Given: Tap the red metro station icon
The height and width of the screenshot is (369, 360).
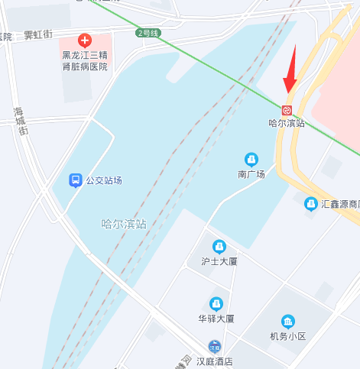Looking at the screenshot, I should (287, 110).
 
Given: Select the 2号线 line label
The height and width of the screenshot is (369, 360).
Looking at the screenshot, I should (148, 34).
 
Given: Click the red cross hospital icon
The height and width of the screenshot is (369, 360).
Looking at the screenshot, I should (85, 40).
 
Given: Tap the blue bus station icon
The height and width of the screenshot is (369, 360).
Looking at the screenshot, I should (76, 180).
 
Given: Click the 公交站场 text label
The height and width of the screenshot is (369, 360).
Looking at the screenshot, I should (104, 181).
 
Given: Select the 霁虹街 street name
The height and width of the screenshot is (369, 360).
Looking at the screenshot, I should (37, 34).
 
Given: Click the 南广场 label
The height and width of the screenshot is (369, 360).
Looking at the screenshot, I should (251, 174).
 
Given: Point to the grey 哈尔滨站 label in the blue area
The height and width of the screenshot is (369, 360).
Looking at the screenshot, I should (124, 224).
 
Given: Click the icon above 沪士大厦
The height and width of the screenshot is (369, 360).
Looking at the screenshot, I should (219, 246).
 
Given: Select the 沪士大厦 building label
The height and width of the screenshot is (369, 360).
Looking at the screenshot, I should (219, 262).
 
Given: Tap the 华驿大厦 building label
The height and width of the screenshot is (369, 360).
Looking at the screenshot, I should (216, 319).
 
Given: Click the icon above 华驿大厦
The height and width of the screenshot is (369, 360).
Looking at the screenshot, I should (216, 303).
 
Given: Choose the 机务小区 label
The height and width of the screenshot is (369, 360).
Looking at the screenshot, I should (287, 336).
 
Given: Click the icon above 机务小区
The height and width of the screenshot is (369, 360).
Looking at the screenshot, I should (287, 321).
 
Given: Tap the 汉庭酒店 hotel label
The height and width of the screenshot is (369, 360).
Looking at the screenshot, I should (214, 361).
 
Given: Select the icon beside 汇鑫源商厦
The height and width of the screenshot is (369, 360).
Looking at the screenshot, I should (311, 204).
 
